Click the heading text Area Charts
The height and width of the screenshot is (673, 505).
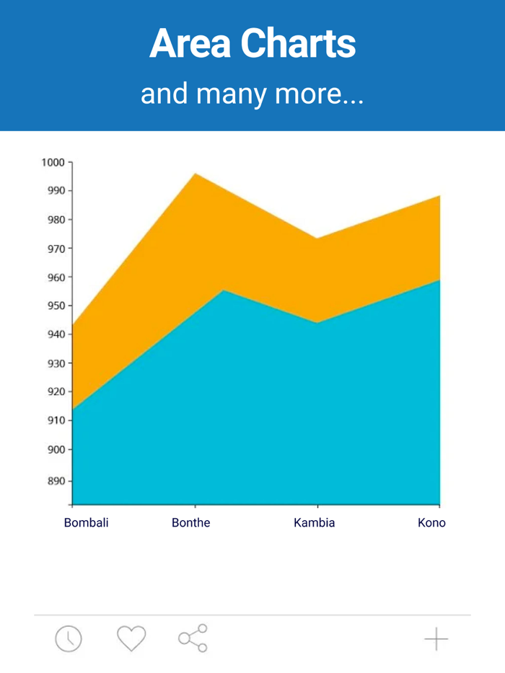click(x=252, y=44)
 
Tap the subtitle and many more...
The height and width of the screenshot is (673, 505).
click(x=252, y=94)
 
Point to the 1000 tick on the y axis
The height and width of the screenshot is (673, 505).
click(x=53, y=162)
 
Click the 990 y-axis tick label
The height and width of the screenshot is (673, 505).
click(x=56, y=191)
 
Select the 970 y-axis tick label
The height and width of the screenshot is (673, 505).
click(x=56, y=249)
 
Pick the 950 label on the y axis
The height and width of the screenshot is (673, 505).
click(x=56, y=306)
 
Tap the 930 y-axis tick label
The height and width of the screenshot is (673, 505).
click(x=56, y=363)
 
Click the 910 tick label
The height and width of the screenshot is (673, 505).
click(x=56, y=421)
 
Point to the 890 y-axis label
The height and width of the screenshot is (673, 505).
click(x=56, y=481)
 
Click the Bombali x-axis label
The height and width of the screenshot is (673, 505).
click(x=86, y=523)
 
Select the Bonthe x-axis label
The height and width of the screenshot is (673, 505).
click(x=191, y=523)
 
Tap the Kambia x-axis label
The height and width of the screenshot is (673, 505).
click(x=315, y=523)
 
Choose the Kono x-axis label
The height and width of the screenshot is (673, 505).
click(x=431, y=523)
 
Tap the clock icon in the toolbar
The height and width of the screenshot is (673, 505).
click(x=69, y=638)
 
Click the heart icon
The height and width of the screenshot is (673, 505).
click(x=131, y=638)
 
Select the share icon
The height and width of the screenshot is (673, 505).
click(x=193, y=638)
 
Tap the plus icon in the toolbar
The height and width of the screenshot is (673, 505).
click(x=436, y=638)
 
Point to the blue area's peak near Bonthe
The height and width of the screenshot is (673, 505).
click(x=224, y=290)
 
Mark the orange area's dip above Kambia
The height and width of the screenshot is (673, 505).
click(x=317, y=239)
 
